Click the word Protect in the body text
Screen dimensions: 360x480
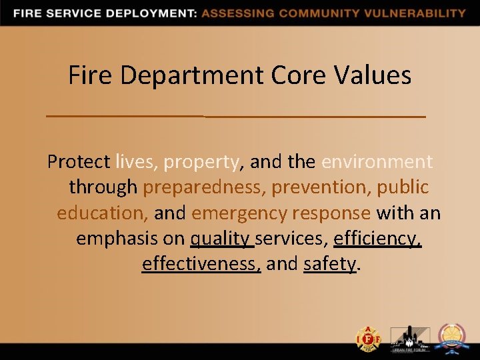(x=79, y=162)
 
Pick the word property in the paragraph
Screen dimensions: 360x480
(x=201, y=162)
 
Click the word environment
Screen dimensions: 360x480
(x=377, y=162)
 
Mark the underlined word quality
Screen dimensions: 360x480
(x=220, y=238)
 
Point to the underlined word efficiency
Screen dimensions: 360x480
(x=377, y=238)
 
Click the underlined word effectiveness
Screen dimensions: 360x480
(x=200, y=263)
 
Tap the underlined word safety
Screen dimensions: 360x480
(x=329, y=263)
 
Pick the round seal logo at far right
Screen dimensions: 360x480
(x=452, y=338)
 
